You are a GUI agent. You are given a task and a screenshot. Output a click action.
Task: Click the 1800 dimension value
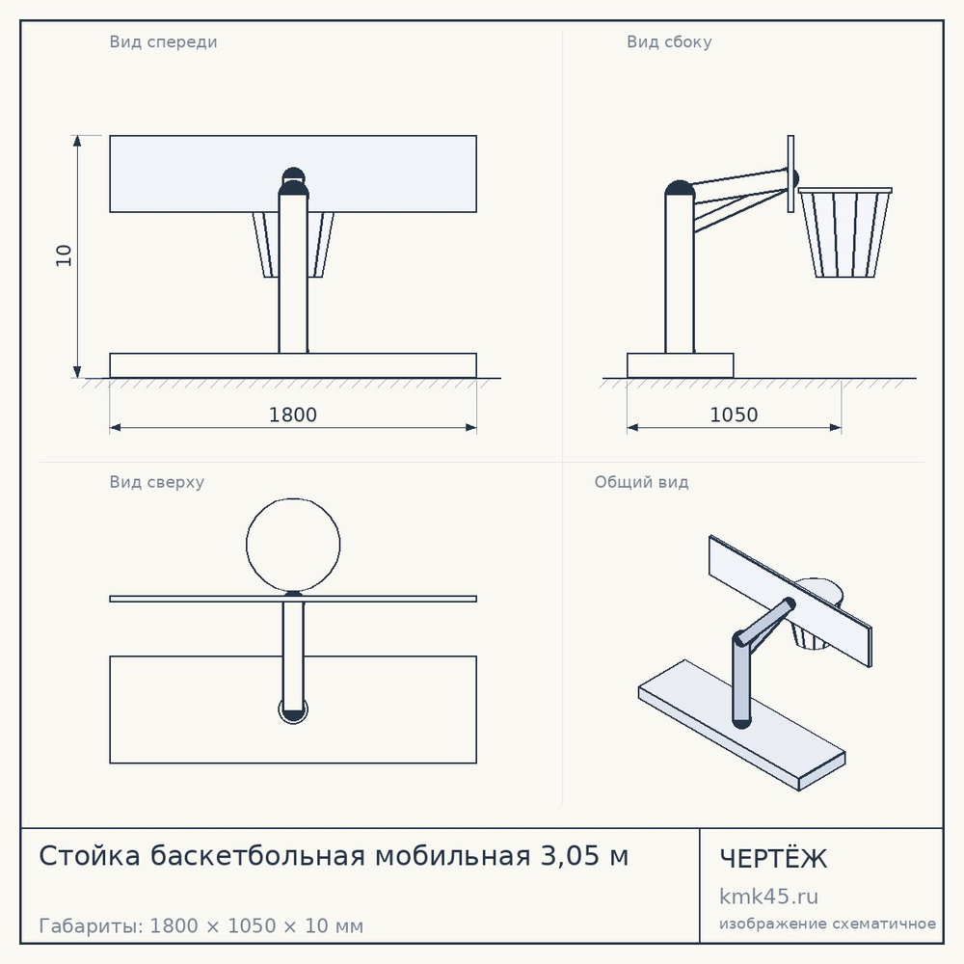pyautogui.click(x=293, y=415)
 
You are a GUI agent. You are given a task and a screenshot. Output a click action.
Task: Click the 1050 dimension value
pyautogui.click(x=734, y=415)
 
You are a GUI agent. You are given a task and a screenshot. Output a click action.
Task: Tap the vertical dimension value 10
pyautogui.click(x=64, y=255)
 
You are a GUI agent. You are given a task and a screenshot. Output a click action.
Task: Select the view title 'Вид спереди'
pyautogui.click(x=164, y=41)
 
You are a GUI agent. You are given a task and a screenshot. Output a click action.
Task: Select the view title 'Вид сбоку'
pyautogui.click(x=670, y=41)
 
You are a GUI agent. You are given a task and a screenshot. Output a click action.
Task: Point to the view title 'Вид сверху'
pyautogui.click(x=157, y=482)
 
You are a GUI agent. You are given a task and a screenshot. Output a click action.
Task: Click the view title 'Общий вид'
pyautogui.click(x=641, y=482)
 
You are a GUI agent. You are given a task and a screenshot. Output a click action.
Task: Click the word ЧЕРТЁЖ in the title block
pyautogui.click(x=773, y=858)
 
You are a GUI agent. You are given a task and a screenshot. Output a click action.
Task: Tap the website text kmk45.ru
pyautogui.click(x=768, y=897)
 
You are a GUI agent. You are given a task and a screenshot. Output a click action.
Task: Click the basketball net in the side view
pyautogui.click(x=845, y=233)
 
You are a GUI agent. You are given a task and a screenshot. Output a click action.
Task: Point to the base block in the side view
pyautogui.click(x=680, y=365)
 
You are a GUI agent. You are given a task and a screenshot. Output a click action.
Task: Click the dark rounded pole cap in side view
pyautogui.click(x=680, y=188)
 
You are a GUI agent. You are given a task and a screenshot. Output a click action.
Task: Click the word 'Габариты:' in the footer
pyautogui.click(x=91, y=925)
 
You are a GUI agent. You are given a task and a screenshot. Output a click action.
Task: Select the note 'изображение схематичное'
pyautogui.click(x=827, y=924)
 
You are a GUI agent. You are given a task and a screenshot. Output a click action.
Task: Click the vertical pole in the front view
pyautogui.click(x=293, y=274)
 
